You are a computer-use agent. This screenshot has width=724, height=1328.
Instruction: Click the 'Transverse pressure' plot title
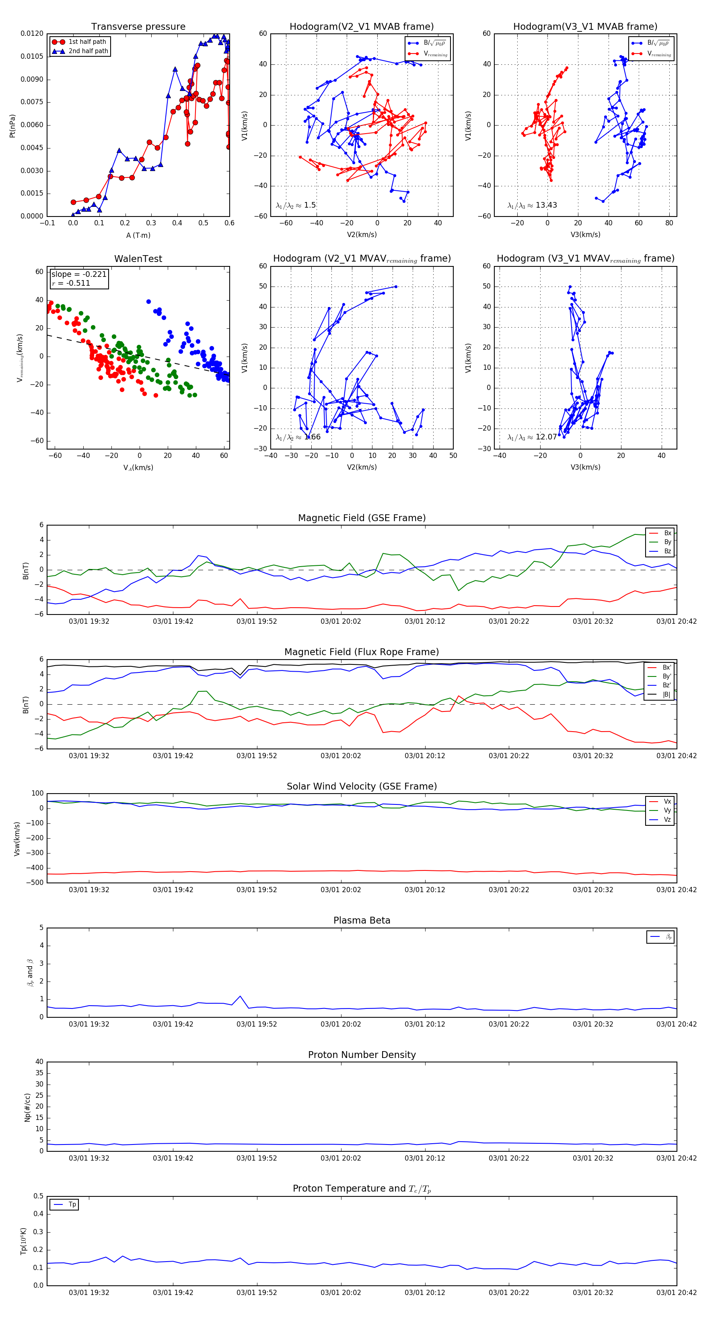pos(138,27)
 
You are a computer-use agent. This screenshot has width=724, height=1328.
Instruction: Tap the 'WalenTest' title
pos(138,259)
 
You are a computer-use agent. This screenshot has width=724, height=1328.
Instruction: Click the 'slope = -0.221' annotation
pos(79,274)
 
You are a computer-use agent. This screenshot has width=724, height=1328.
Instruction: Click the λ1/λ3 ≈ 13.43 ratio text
pos(532,205)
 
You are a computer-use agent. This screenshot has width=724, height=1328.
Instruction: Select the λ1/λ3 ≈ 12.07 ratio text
pos(532,437)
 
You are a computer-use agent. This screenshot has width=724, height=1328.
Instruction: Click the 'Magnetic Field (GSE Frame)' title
pos(362,518)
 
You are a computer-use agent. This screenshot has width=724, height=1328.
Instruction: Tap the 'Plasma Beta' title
pos(362,921)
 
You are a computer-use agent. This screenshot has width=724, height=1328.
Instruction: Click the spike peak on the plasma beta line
pos(240,996)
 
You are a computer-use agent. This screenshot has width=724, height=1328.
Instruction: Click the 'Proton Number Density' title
pos(362,1055)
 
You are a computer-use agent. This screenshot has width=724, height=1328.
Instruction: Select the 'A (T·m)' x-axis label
pos(138,235)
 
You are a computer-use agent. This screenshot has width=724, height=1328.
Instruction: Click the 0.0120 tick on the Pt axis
pos(32,33)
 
